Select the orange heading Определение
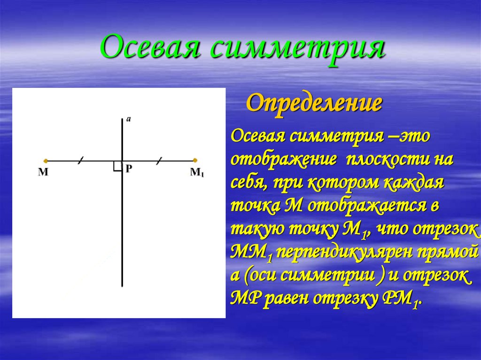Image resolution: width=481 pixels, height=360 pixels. (x=313, y=103)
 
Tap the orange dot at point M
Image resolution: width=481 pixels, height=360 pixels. (x=45, y=161)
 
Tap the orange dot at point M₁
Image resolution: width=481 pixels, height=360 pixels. (x=195, y=161)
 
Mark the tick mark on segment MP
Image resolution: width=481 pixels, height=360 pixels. (x=81, y=161)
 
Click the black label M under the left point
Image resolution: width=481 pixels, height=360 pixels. (x=43, y=172)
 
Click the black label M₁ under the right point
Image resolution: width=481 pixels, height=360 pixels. (x=197, y=172)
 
